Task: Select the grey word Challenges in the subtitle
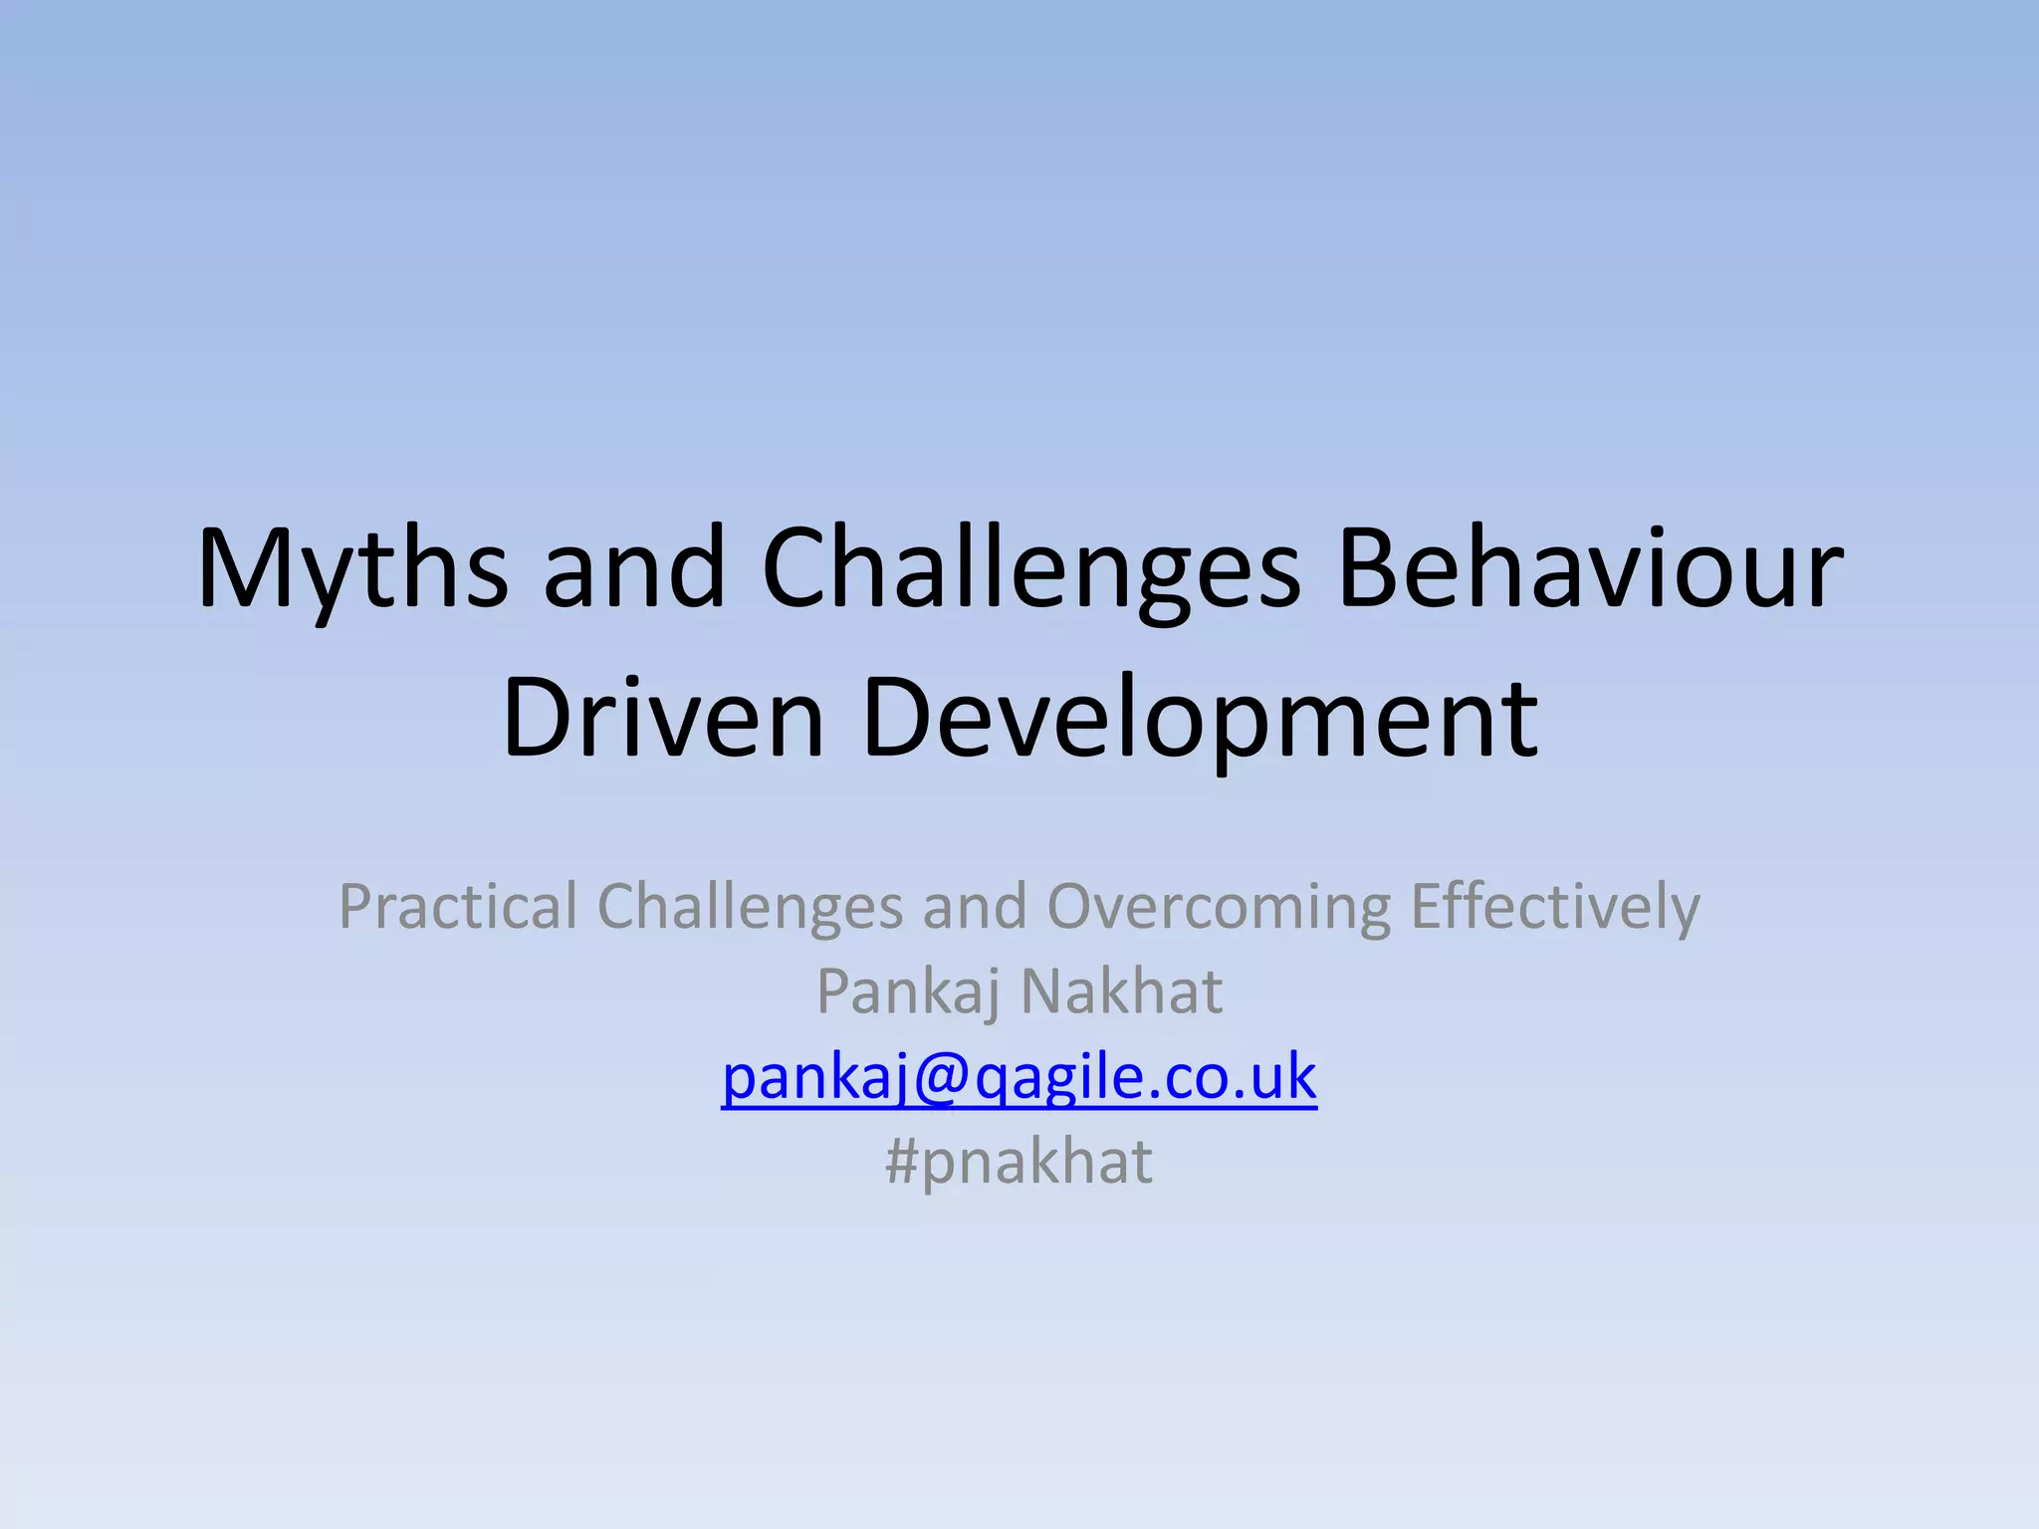coord(750,907)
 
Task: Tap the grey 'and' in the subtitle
coord(974,907)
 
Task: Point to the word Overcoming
coord(1219,907)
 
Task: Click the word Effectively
coord(1555,907)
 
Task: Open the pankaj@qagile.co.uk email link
coord(1019,1077)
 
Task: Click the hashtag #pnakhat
coord(1019,1162)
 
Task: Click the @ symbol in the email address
coord(937,1079)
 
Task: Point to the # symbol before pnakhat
coord(901,1162)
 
